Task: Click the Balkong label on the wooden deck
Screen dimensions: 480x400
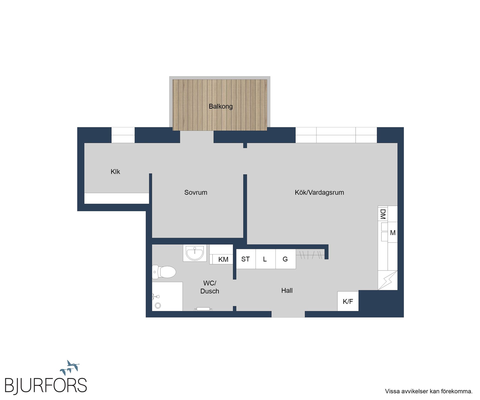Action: pos(220,106)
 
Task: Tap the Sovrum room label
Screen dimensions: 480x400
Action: pos(196,192)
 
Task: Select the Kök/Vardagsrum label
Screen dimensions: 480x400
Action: pos(319,192)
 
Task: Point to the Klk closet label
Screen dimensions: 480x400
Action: pos(115,172)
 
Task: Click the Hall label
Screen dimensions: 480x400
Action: pos(287,290)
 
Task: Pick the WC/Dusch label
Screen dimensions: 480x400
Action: pos(210,287)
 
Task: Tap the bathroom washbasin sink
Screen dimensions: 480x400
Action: pos(195,253)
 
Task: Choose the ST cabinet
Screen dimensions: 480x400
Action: pos(246,259)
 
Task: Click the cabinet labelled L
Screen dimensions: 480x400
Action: pos(265,259)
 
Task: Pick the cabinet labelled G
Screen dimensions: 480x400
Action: pos(285,259)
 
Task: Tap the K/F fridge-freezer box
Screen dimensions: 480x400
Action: pos(348,301)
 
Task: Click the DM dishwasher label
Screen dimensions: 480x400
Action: pos(383,214)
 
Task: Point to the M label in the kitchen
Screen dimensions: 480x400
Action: pos(393,233)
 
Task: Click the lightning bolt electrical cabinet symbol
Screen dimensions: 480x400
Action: pos(387,280)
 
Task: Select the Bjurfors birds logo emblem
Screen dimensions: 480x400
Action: pos(70,367)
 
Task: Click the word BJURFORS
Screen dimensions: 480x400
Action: pos(46,385)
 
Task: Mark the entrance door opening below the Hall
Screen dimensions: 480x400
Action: pos(288,314)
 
